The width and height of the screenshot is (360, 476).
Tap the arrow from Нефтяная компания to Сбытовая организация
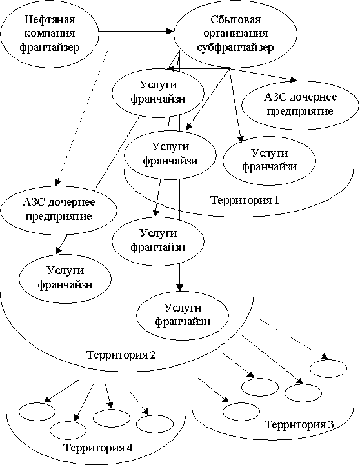coord(136,31)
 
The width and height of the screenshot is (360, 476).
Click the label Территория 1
coord(245,201)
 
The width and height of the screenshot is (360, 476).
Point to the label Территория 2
coord(121,355)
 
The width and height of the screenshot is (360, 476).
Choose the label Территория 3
coord(299,424)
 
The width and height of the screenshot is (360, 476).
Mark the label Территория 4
coord(97,448)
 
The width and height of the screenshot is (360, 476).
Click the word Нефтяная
coord(50,20)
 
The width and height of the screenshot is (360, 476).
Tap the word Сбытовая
coord(235,20)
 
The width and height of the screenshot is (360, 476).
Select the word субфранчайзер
coord(235,47)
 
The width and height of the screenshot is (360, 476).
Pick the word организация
coord(235,34)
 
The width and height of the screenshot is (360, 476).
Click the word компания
coord(50,34)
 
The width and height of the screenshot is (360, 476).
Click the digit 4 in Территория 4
coord(129,448)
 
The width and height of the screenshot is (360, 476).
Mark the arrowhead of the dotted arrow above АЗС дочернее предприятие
coord(57,182)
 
